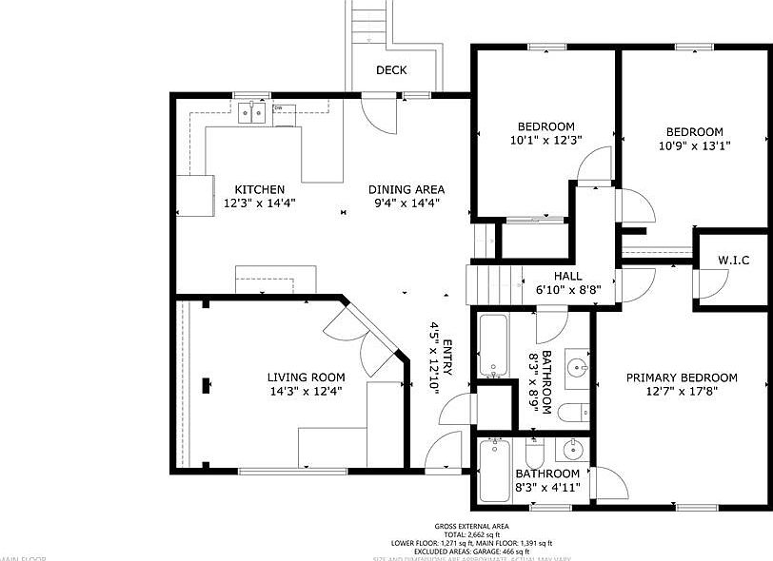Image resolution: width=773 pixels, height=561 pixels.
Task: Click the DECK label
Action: (x=391, y=70)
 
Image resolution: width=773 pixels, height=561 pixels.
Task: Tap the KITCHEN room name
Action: (x=260, y=189)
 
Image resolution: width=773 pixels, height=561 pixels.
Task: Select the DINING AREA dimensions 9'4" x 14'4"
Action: (x=406, y=203)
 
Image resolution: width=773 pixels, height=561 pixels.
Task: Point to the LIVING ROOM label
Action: (x=306, y=377)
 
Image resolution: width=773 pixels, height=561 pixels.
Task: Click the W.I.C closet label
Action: (x=733, y=261)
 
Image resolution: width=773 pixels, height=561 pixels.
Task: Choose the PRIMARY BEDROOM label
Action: (x=682, y=377)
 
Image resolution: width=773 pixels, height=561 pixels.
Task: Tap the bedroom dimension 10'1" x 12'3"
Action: (x=545, y=140)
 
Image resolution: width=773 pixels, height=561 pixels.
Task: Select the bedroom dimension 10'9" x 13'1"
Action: (x=694, y=145)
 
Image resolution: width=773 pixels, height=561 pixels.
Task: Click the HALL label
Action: (x=568, y=276)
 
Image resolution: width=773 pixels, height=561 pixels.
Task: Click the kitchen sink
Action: (x=251, y=113)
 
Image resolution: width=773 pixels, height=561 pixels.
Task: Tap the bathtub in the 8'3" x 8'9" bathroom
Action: (x=491, y=345)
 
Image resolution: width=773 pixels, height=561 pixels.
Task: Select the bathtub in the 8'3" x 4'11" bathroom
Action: (x=495, y=471)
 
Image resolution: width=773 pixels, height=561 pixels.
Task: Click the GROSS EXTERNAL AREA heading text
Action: (x=471, y=526)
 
